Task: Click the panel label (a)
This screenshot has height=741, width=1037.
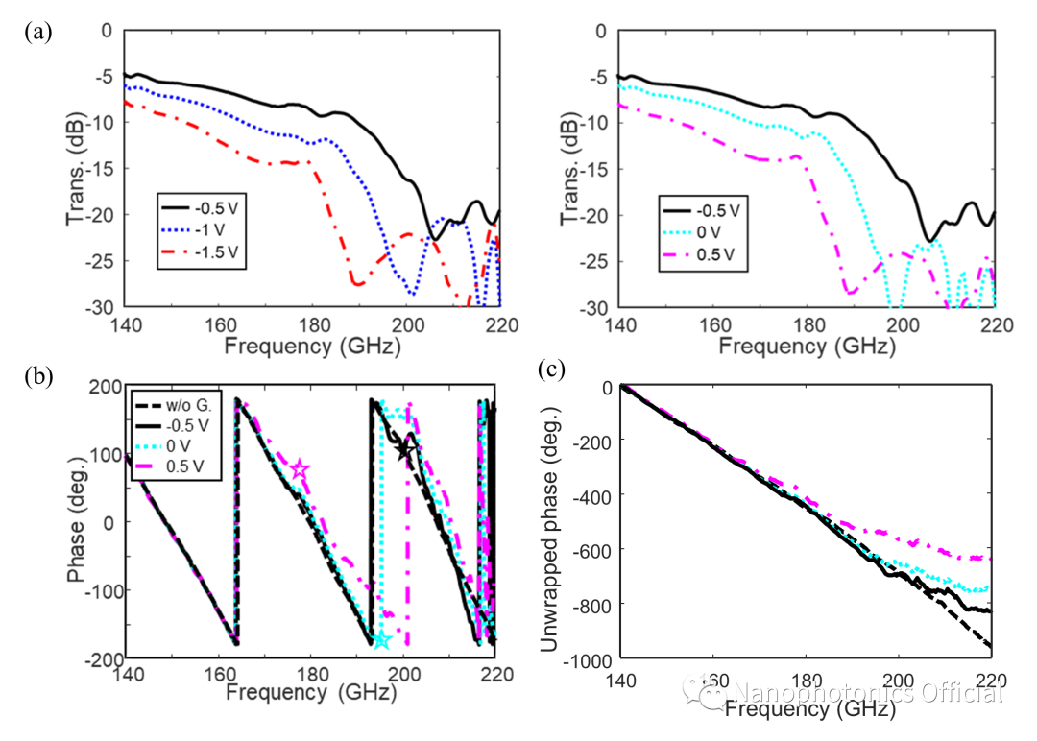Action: pos(38,32)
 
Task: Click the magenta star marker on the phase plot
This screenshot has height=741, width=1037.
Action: pos(300,470)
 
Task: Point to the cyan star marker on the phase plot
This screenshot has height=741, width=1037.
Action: pos(381,640)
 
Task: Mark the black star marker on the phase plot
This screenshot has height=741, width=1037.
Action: pos(406,449)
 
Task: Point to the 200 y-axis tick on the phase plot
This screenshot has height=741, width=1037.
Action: pos(99,387)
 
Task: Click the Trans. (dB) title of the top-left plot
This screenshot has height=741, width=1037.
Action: pos(76,168)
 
